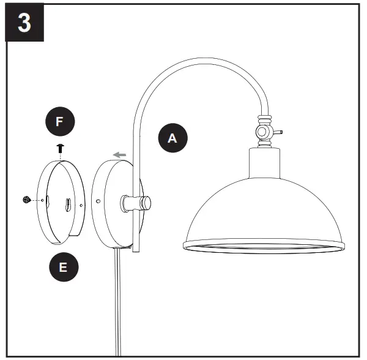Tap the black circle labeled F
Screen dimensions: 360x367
(59, 121)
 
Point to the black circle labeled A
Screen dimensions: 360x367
(172, 138)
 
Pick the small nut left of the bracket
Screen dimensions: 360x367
(26, 199)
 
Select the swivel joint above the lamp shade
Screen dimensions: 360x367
(264, 131)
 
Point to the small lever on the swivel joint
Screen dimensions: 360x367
(276, 131)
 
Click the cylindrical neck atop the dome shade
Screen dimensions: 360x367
(265, 163)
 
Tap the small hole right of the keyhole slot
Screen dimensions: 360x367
(80, 206)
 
